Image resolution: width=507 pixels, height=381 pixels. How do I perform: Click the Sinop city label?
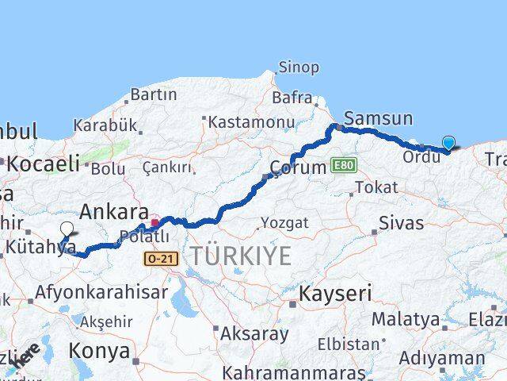tap(299, 67)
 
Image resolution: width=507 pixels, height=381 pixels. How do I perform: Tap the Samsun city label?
tap(379, 119)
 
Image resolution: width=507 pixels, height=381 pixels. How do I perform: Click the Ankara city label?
tap(115, 212)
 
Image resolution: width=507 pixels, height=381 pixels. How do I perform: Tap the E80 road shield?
tap(343, 165)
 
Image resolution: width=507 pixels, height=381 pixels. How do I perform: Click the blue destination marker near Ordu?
tap(448, 143)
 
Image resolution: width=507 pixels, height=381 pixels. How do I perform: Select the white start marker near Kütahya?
tap(67, 229)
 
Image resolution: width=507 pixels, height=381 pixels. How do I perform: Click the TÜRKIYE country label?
tap(240, 256)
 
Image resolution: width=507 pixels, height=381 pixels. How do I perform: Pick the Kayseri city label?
tap(335, 293)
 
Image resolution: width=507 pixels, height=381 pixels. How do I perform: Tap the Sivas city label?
tap(401, 222)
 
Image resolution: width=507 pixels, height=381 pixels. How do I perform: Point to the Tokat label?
tap(376, 187)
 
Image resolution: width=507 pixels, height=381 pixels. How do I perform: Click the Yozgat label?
tap(284, 223)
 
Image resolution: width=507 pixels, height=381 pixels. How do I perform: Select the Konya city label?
tap(99, 350)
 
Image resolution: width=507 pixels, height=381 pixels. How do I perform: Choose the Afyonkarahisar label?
tap(101, 291)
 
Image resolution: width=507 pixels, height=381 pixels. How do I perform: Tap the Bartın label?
tap(154, 94)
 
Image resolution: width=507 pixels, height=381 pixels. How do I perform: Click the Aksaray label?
tap(254, 333)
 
